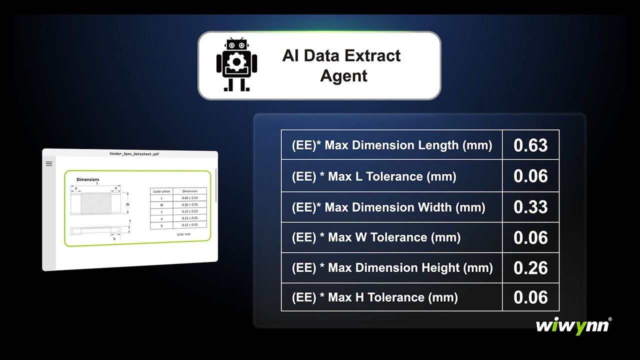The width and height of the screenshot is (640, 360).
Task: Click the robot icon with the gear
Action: coord(236,65)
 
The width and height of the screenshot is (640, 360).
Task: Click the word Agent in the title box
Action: coord(343,76)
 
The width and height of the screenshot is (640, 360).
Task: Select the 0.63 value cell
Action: coord(530,145)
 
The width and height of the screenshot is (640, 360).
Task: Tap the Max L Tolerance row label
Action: coord(374,176)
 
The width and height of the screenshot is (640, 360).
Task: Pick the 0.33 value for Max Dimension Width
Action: coord(530,207)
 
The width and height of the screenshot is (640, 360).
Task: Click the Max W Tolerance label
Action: coord(376,237)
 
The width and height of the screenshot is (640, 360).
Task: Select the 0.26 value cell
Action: coord(530,268)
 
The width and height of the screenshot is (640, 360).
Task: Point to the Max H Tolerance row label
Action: coord(374,298)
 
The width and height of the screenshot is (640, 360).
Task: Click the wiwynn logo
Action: coord(573,326)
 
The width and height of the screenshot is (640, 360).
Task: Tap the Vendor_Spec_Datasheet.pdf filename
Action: coord(133,154)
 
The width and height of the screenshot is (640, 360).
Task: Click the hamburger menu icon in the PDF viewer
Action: coord(49,163)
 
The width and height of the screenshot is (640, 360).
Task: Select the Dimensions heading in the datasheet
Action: coord(87,179)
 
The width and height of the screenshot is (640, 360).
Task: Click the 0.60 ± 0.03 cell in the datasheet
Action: coord(190,198)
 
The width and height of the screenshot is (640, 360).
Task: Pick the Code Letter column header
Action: coord(161,191)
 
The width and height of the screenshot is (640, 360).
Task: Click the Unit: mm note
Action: coord(183,234)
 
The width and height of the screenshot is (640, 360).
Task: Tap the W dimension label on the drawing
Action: coord(127,204)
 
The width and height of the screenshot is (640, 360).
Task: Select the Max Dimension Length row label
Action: coord(391,145)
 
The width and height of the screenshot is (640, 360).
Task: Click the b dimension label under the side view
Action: coord(114,239)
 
